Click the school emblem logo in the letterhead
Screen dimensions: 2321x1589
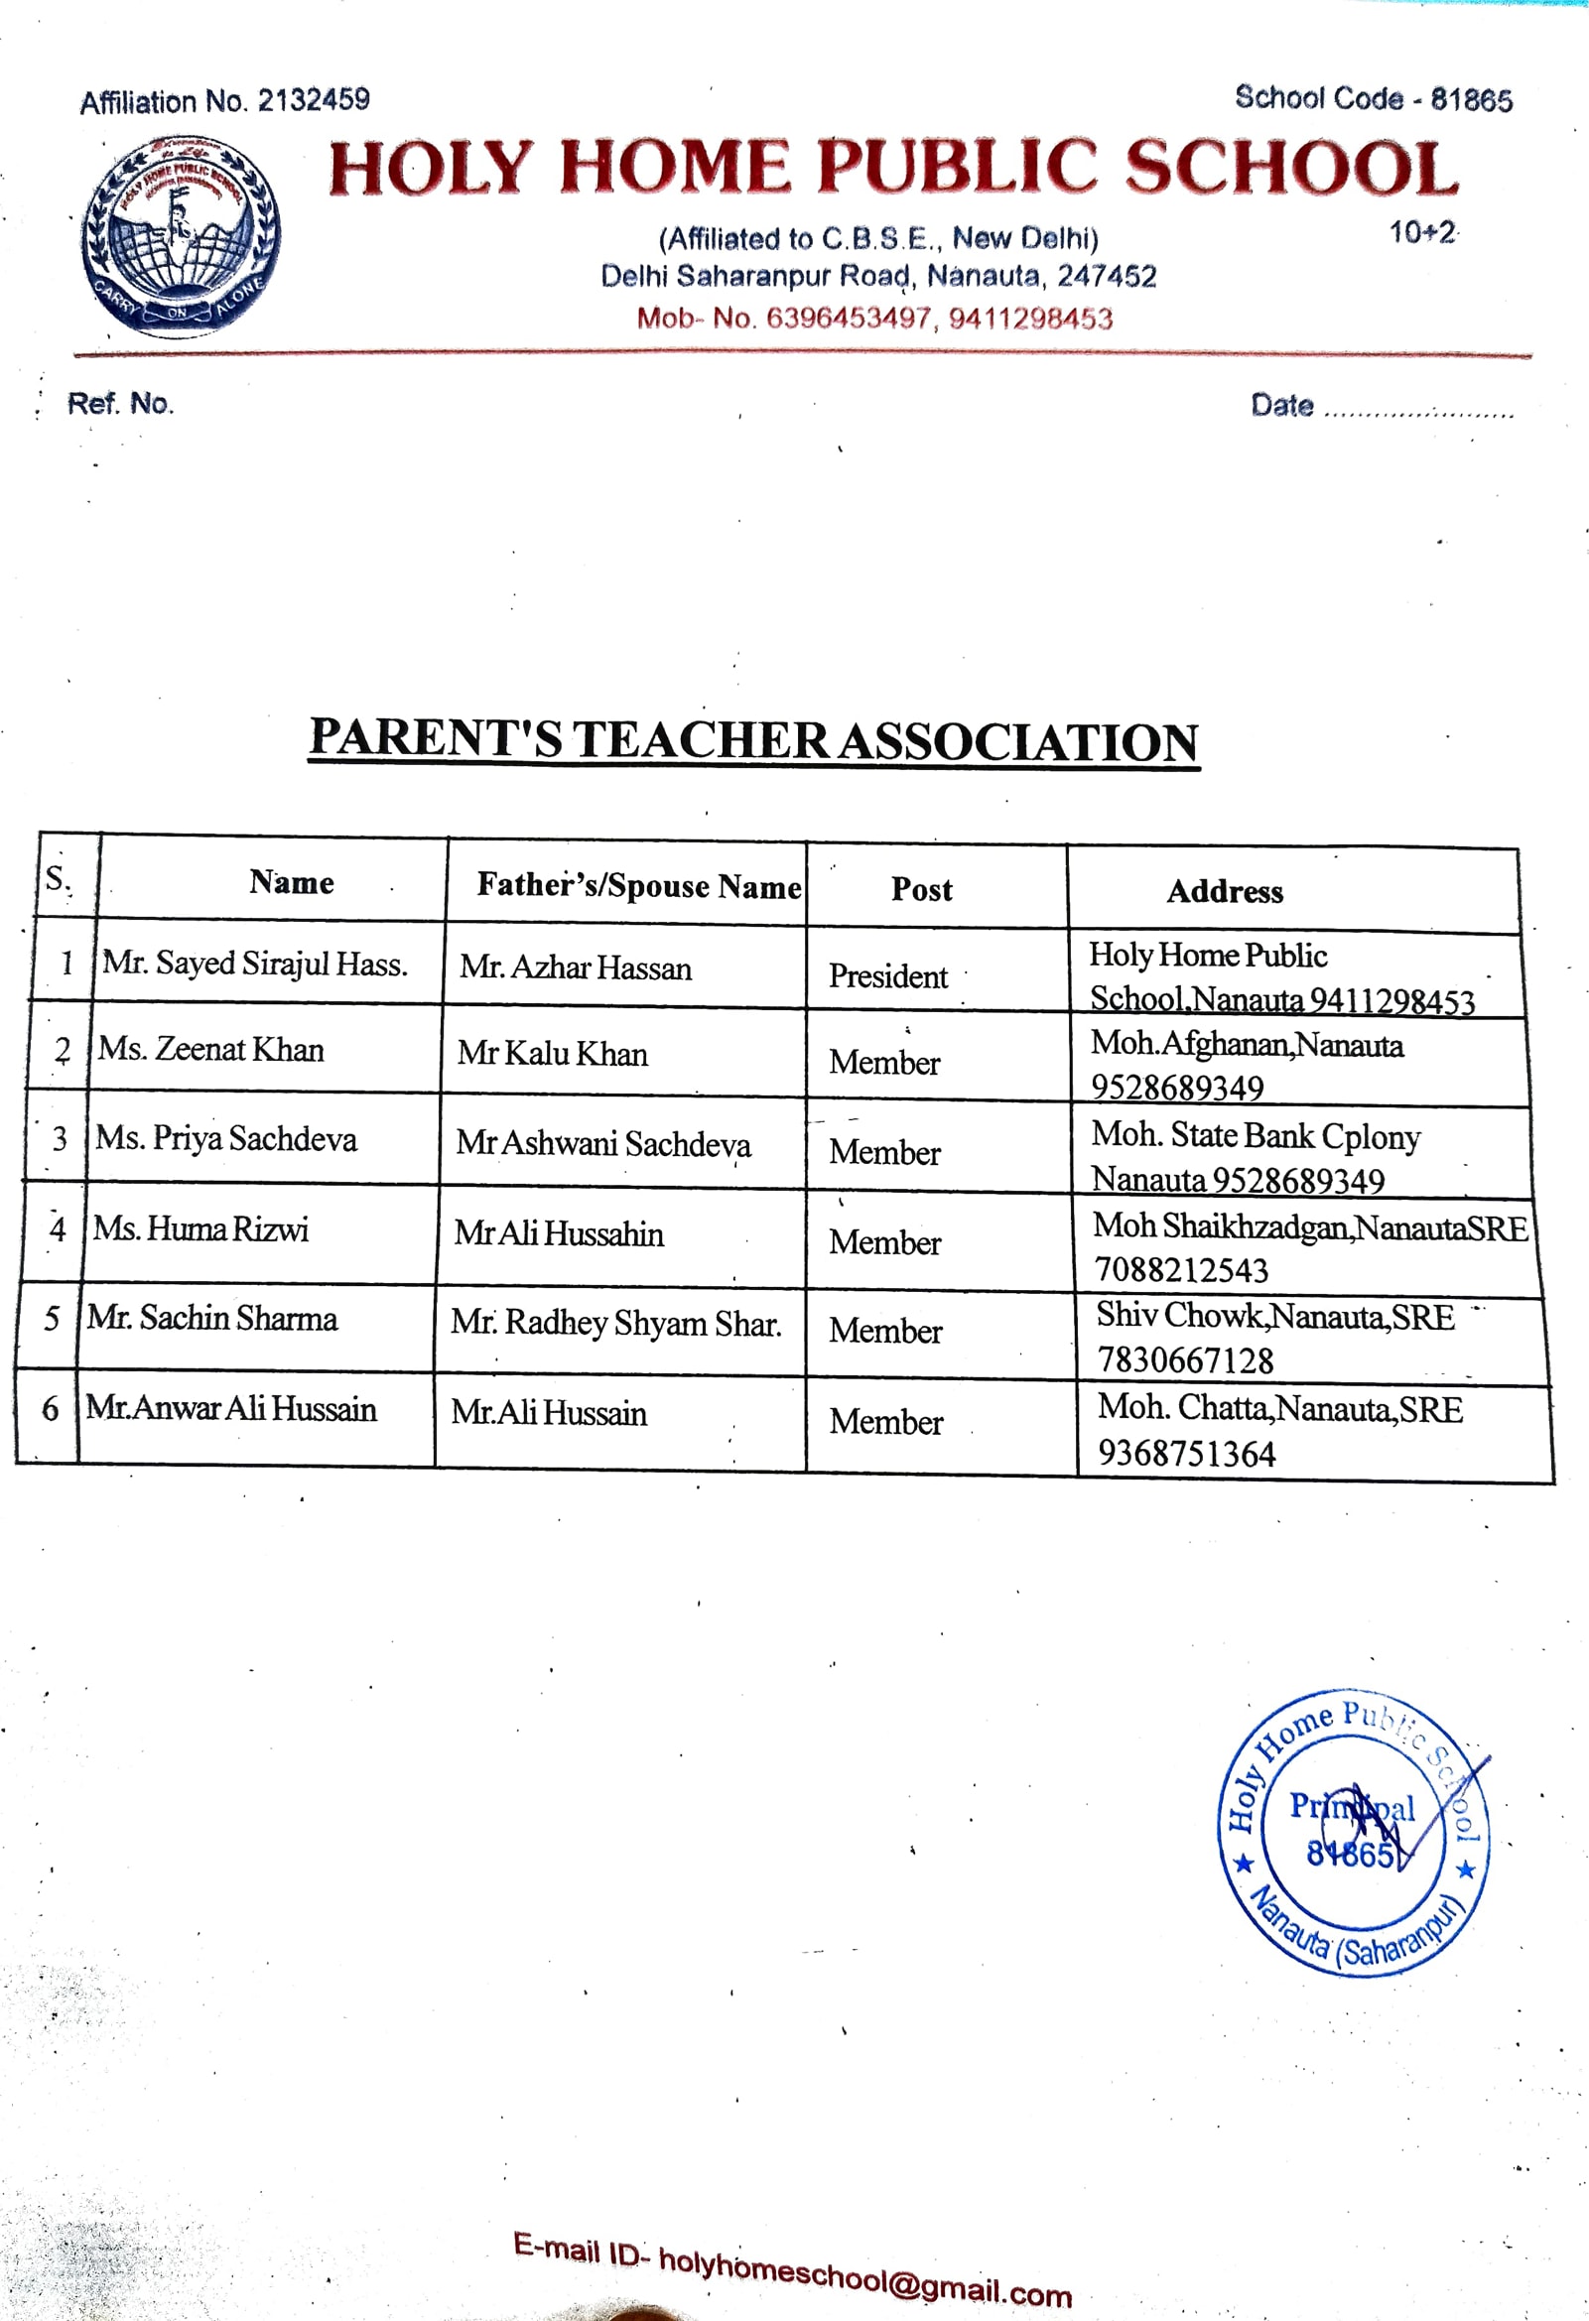181,235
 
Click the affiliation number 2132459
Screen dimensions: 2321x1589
314,100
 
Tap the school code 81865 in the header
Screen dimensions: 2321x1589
1471,100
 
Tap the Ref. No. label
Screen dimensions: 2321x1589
120,404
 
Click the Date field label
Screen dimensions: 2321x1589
1281,406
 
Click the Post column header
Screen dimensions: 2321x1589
921,889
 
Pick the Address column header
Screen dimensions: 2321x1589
1225,891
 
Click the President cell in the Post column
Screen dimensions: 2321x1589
888,975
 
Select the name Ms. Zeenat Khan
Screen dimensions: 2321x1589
210,1049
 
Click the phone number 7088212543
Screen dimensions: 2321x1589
1181,1270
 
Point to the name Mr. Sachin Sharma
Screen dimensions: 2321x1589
211,1319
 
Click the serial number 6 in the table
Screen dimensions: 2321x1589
50,1409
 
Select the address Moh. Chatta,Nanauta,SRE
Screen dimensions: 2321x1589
1280,1408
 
